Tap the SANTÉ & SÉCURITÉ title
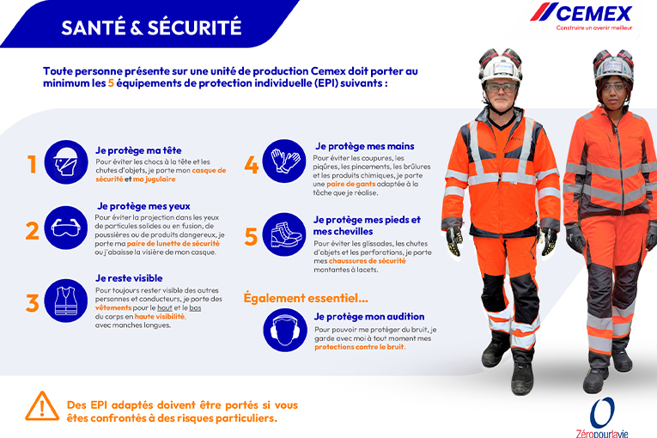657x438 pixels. click(151, 27)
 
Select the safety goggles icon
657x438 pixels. click(65, 230)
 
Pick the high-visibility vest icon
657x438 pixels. click(65, 301)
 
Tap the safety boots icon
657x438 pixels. click(284, 234)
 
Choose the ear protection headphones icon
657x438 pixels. click(284, 331)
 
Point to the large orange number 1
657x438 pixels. click(32, 163)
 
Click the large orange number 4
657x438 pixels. click(252, 163)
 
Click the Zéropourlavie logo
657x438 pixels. click(602, 416)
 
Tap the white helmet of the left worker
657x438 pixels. click(501, 65)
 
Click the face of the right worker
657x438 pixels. click(612, 88)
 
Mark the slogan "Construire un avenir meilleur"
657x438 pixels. click(593, 27)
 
